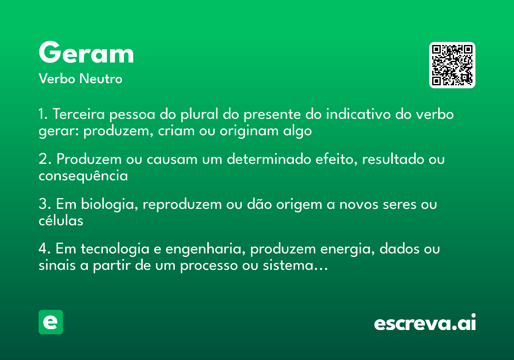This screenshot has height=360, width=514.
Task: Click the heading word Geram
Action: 86,53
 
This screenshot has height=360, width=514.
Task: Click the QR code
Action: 452,65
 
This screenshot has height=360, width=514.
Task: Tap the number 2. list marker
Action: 44,159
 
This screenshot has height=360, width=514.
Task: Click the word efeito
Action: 334,159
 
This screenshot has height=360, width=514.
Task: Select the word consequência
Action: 83,176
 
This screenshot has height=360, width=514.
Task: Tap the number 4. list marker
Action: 45,249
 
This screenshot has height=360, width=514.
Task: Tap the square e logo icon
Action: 51,322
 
